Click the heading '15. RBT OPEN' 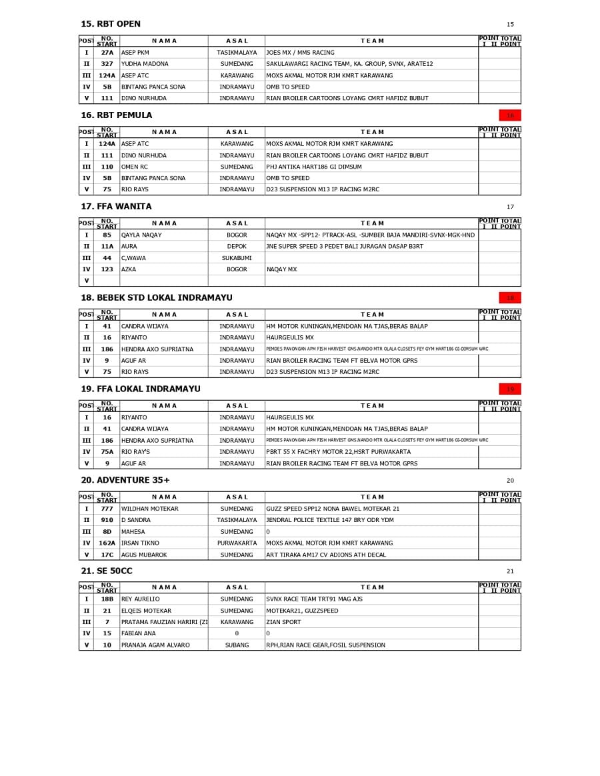click(111, 24)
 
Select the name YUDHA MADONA click(145, 64)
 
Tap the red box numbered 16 click(510, 115)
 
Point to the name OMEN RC click(135, 167)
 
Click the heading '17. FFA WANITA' click(116, 207)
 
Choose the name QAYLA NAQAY click(141, 235)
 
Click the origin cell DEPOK click(237, 247)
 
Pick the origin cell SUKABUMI click(237, 258)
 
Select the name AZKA click(129, 269)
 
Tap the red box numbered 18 click(510, 298)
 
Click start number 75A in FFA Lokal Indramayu click(107, 452)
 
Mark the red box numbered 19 click(510, 389)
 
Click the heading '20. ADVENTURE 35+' click(125, 480)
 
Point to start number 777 click(107, 509)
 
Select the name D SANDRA click(136, 520)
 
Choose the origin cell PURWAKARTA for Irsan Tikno click(237, 543)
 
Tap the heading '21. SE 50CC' click(107, 571)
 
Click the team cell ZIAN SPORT click(283, 622)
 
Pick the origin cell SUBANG click(237, 645)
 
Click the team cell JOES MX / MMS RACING click(300, 53)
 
